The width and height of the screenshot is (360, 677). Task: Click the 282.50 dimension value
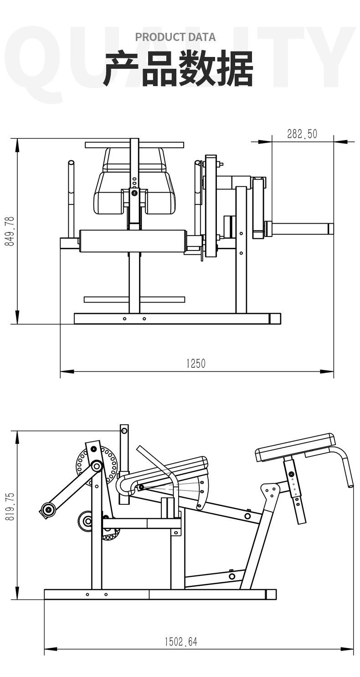pos(302,134)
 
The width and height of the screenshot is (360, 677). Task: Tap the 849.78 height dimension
pos(10,231)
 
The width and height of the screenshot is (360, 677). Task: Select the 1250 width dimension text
pos(196,363)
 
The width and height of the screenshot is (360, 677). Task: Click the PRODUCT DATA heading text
pos(175,37)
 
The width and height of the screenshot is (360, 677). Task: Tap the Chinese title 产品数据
pos(178,69)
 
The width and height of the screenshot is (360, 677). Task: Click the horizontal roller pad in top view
pos(133,241)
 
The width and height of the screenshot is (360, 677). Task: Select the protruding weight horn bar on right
pos(299,229)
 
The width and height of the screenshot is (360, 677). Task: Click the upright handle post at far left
pos(72,200)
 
